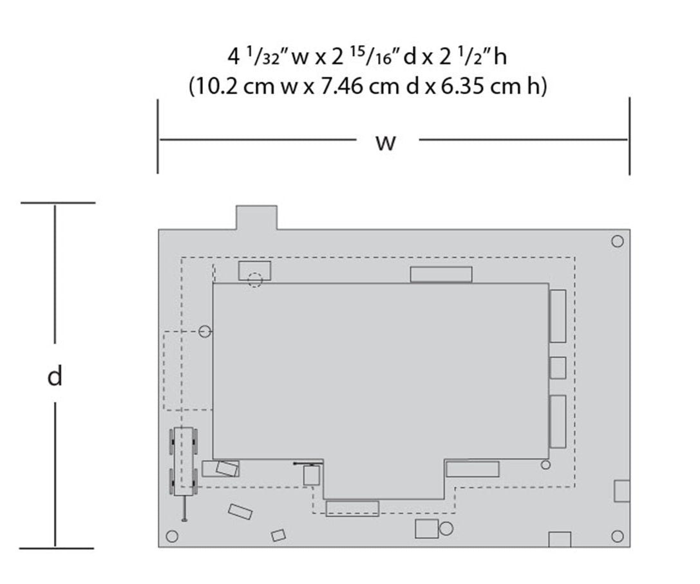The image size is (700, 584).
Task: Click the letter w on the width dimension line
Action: point(386,143)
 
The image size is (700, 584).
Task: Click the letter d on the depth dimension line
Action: point(55,376)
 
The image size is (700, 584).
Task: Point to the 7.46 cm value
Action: point(361,86)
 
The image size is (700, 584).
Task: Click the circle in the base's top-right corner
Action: point(617,241)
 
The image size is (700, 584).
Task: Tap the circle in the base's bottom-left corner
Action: point(172,536)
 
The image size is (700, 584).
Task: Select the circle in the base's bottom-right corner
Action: point(618,536)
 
